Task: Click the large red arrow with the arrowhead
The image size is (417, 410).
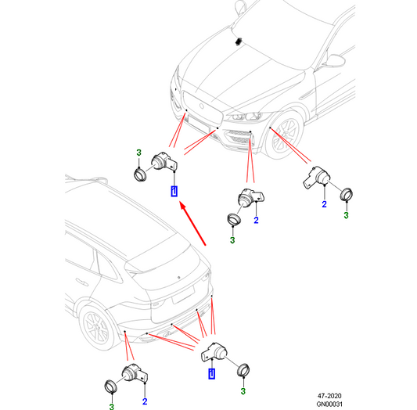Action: tap(193, 223)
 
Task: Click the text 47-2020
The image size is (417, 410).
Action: tap(329, 396)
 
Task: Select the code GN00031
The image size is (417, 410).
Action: tap(329, 405)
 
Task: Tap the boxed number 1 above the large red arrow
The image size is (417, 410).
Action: tap(174, 191)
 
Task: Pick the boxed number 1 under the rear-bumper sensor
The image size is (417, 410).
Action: tap(212, 373)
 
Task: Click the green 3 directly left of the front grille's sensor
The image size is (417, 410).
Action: tap(138, 153)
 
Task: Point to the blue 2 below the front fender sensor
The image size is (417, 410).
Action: tap(324, 204)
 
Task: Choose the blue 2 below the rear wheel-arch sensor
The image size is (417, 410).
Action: tap(145, 401)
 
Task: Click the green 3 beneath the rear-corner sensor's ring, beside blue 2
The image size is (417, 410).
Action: tap(112, 407)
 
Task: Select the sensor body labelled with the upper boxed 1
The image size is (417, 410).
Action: tap(164, 161)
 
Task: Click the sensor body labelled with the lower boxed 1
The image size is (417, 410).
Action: tap(214, 352)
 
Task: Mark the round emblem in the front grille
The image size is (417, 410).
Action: tap(202, 106)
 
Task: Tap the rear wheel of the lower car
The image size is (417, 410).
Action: tap(95, 328)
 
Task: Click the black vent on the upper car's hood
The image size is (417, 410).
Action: tap(238, 41)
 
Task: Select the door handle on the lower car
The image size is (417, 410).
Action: tap(81, 282)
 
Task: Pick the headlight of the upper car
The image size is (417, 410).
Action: tap(246, 116)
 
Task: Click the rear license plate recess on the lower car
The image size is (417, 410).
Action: tap(184, 294)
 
